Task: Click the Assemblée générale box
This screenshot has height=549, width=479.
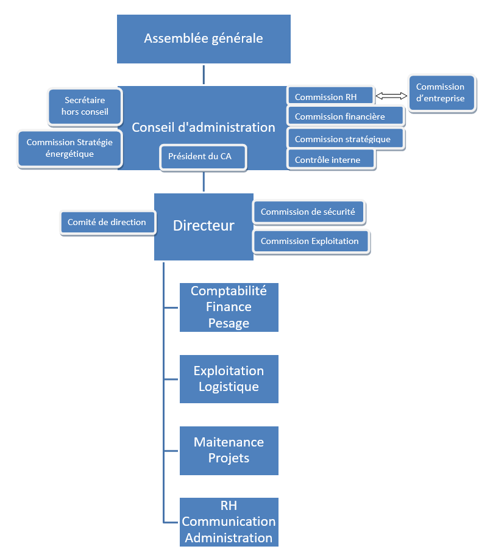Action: (204, 39)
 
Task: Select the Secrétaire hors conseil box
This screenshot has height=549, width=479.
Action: (85, 106)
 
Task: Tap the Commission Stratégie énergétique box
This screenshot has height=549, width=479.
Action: (69, 148)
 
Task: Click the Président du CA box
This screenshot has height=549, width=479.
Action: (204, 157)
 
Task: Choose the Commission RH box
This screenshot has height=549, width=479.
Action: (330, 96)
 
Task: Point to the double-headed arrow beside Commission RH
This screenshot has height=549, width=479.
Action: (391, 96)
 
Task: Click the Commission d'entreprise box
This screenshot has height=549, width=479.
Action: (441, 93)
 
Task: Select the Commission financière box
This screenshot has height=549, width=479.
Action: (345, 117)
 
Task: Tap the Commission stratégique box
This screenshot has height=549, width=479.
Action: (346, 138)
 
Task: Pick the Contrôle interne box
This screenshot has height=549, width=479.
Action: (330, 160)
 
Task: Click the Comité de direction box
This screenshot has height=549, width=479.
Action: (107, 223)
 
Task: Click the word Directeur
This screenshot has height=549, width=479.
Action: (204, 226)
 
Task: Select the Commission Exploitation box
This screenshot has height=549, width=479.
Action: (311, 241)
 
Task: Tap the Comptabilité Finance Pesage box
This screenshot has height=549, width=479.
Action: (229, 307)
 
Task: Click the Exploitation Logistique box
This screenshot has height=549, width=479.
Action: (229, 379)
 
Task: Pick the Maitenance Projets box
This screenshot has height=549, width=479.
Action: (229, 450)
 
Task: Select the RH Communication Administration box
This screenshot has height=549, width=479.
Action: (229, 522)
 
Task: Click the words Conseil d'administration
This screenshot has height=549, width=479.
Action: (204, 127)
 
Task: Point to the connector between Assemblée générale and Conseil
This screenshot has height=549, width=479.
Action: (204, 74)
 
